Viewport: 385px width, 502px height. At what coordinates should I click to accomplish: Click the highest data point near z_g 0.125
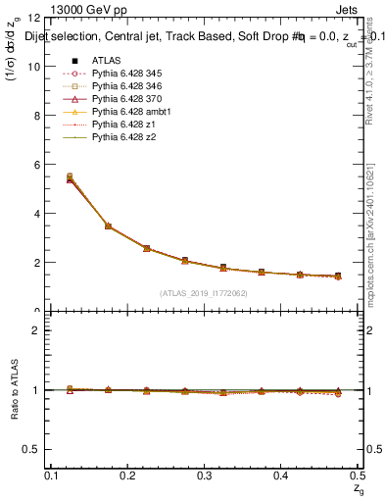[70, 176]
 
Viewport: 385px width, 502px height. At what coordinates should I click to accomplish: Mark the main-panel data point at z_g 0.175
[108, 226]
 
